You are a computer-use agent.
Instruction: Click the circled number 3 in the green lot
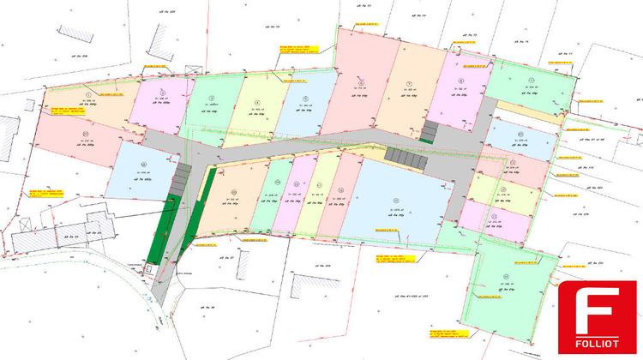(209, 94)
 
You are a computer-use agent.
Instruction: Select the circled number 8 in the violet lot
(460, 81)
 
